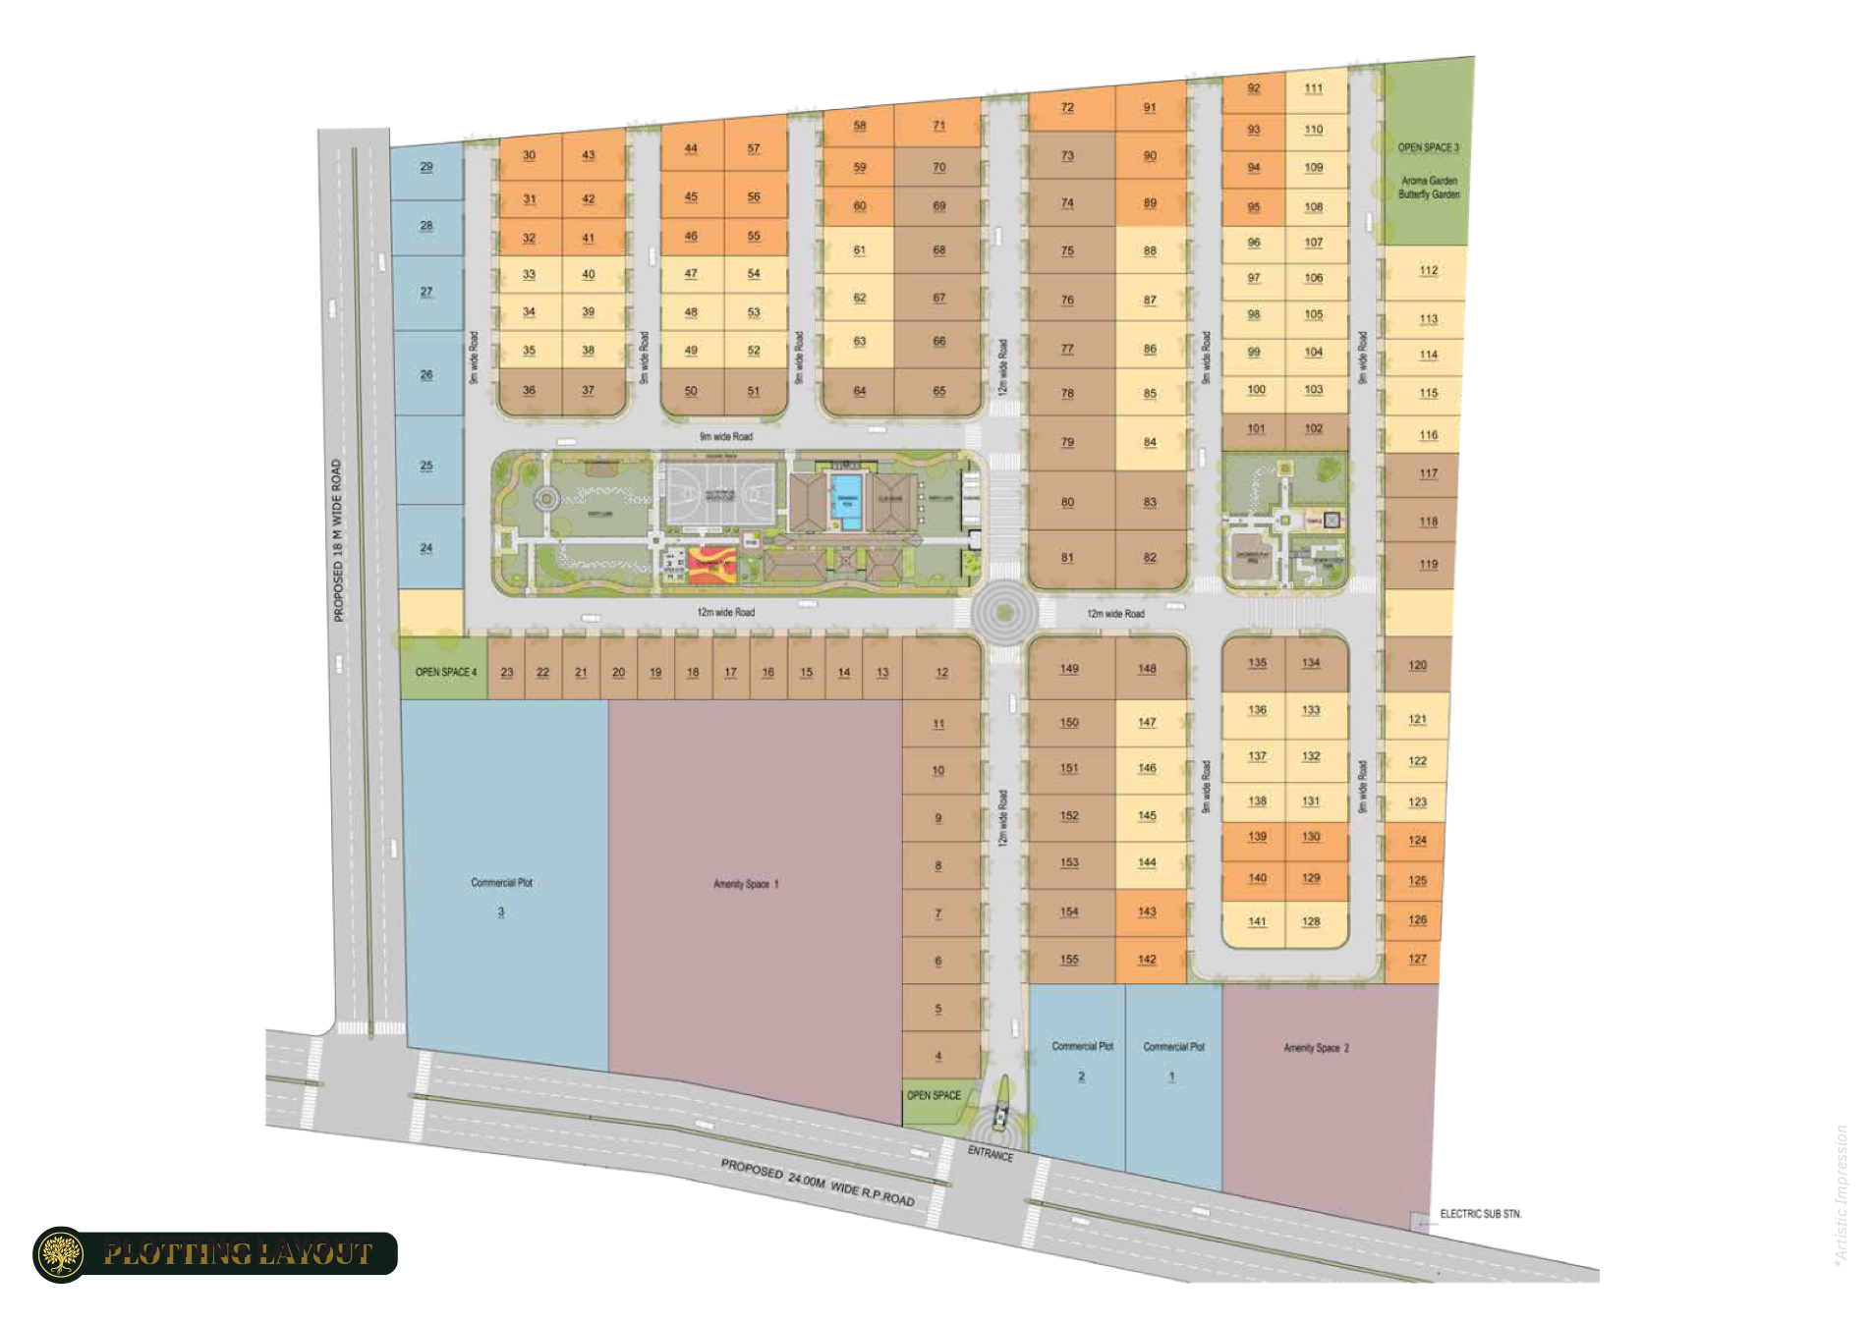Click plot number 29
[x=426, y=167]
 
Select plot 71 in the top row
[x=939, y=126]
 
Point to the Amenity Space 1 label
[x=745, y=884]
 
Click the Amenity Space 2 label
[x=1316, y=1048]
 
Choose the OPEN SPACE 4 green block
[x=445, y=672]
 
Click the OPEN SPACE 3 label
[x=1428, y=147]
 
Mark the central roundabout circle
[x=1003, y=613]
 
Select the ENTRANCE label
[x=990, y=1154]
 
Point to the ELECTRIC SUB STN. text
[x=1480, y=1214]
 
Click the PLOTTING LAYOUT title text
[x=239, y=1254]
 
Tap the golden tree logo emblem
[x=61, y=1254]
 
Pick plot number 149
[x=1069, y=669]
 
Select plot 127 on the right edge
[x=1417, y=960]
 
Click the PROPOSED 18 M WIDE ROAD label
[x=338, y=540]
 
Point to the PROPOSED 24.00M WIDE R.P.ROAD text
[x=817, y=1182]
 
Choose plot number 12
[x=941, y=673]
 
